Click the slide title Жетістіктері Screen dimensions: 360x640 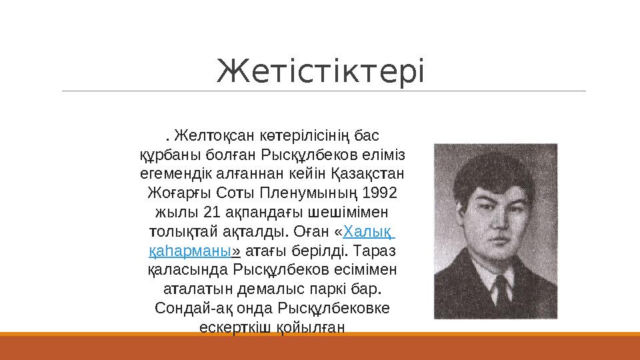pyautogui.click(x=320, y=71)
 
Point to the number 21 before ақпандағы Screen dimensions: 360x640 pyautogui.click(x=210, y=213)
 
